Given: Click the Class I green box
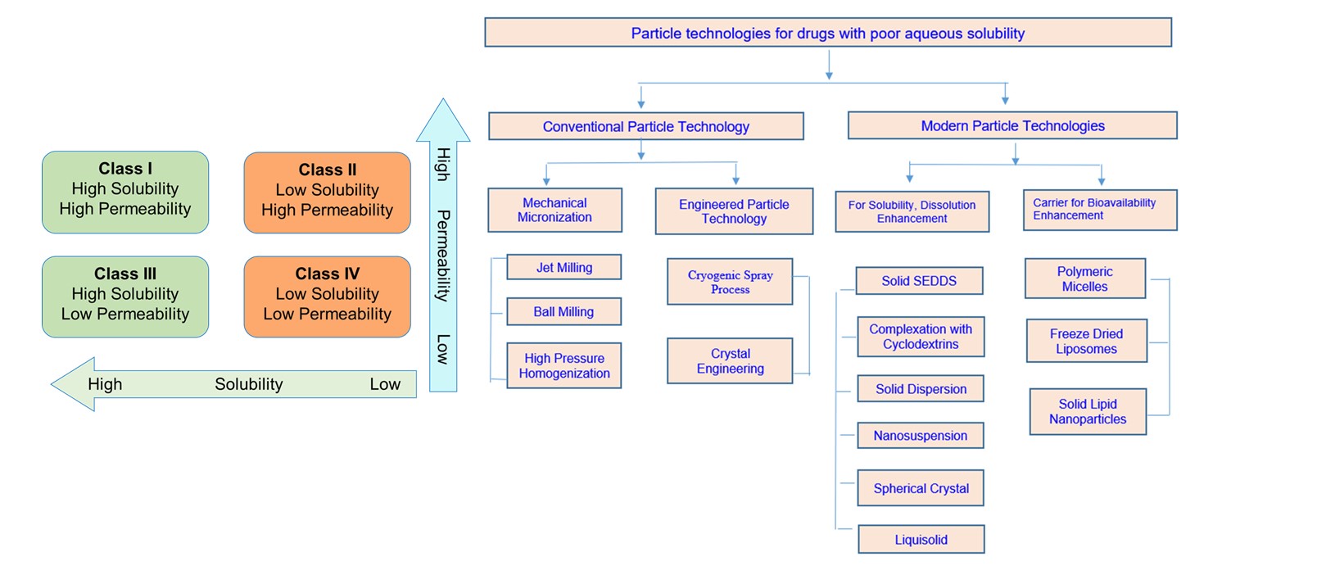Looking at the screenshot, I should coord(125,192).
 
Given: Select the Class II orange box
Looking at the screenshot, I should coord(327,192).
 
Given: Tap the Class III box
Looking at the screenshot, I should coord(125,297).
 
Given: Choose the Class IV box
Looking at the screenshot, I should coord(327,297).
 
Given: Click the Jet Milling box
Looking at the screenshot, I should coord(563,267).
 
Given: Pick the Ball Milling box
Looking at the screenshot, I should coord(563,311).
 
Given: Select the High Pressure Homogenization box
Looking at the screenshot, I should coord(563,365).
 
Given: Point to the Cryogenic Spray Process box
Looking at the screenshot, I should coord(730,282).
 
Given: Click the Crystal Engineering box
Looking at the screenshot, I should coord(730,360).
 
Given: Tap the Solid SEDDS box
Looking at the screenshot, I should coord(919,280).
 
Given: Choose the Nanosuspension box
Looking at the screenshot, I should coord(920,436).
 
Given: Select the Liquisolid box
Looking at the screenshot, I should coord(921,540).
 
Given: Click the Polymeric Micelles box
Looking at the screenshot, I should coord(1084,278).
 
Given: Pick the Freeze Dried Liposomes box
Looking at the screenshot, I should coord(1086,341).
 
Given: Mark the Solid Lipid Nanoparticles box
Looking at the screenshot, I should coord(1088,411).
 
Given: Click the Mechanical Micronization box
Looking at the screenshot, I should coord(554,210).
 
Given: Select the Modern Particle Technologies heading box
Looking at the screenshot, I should coord(1012,125).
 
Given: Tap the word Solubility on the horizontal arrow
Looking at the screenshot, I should coord(249,384).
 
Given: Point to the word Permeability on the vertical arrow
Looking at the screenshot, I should coord(443,256).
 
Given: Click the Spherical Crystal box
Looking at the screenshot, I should coord(921,488).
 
